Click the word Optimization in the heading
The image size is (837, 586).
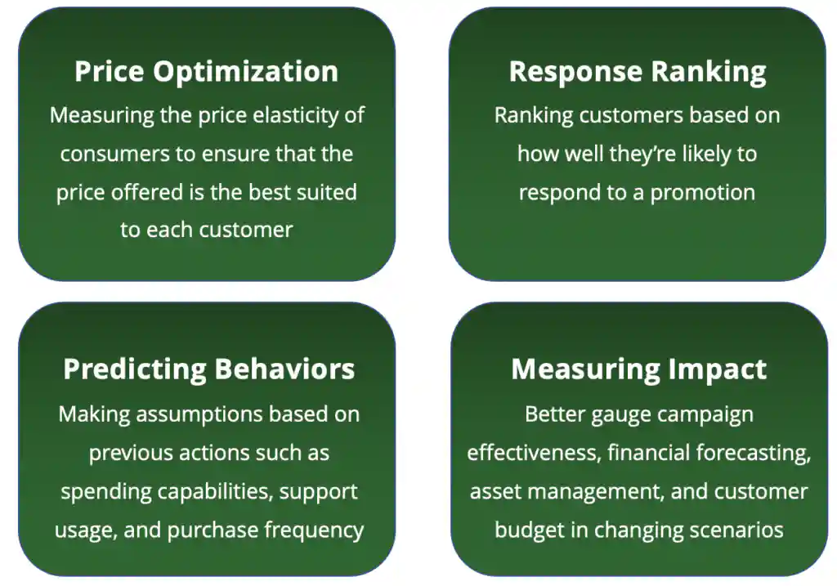tap(245, 72)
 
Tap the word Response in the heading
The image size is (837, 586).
tap(575, 72)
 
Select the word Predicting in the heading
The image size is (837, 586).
tap(135, 369)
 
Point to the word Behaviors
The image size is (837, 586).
tap(284, 369)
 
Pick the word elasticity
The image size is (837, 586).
tap(295, 116)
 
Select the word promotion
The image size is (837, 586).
tap(702, 193)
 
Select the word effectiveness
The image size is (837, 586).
tap(535, 453)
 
